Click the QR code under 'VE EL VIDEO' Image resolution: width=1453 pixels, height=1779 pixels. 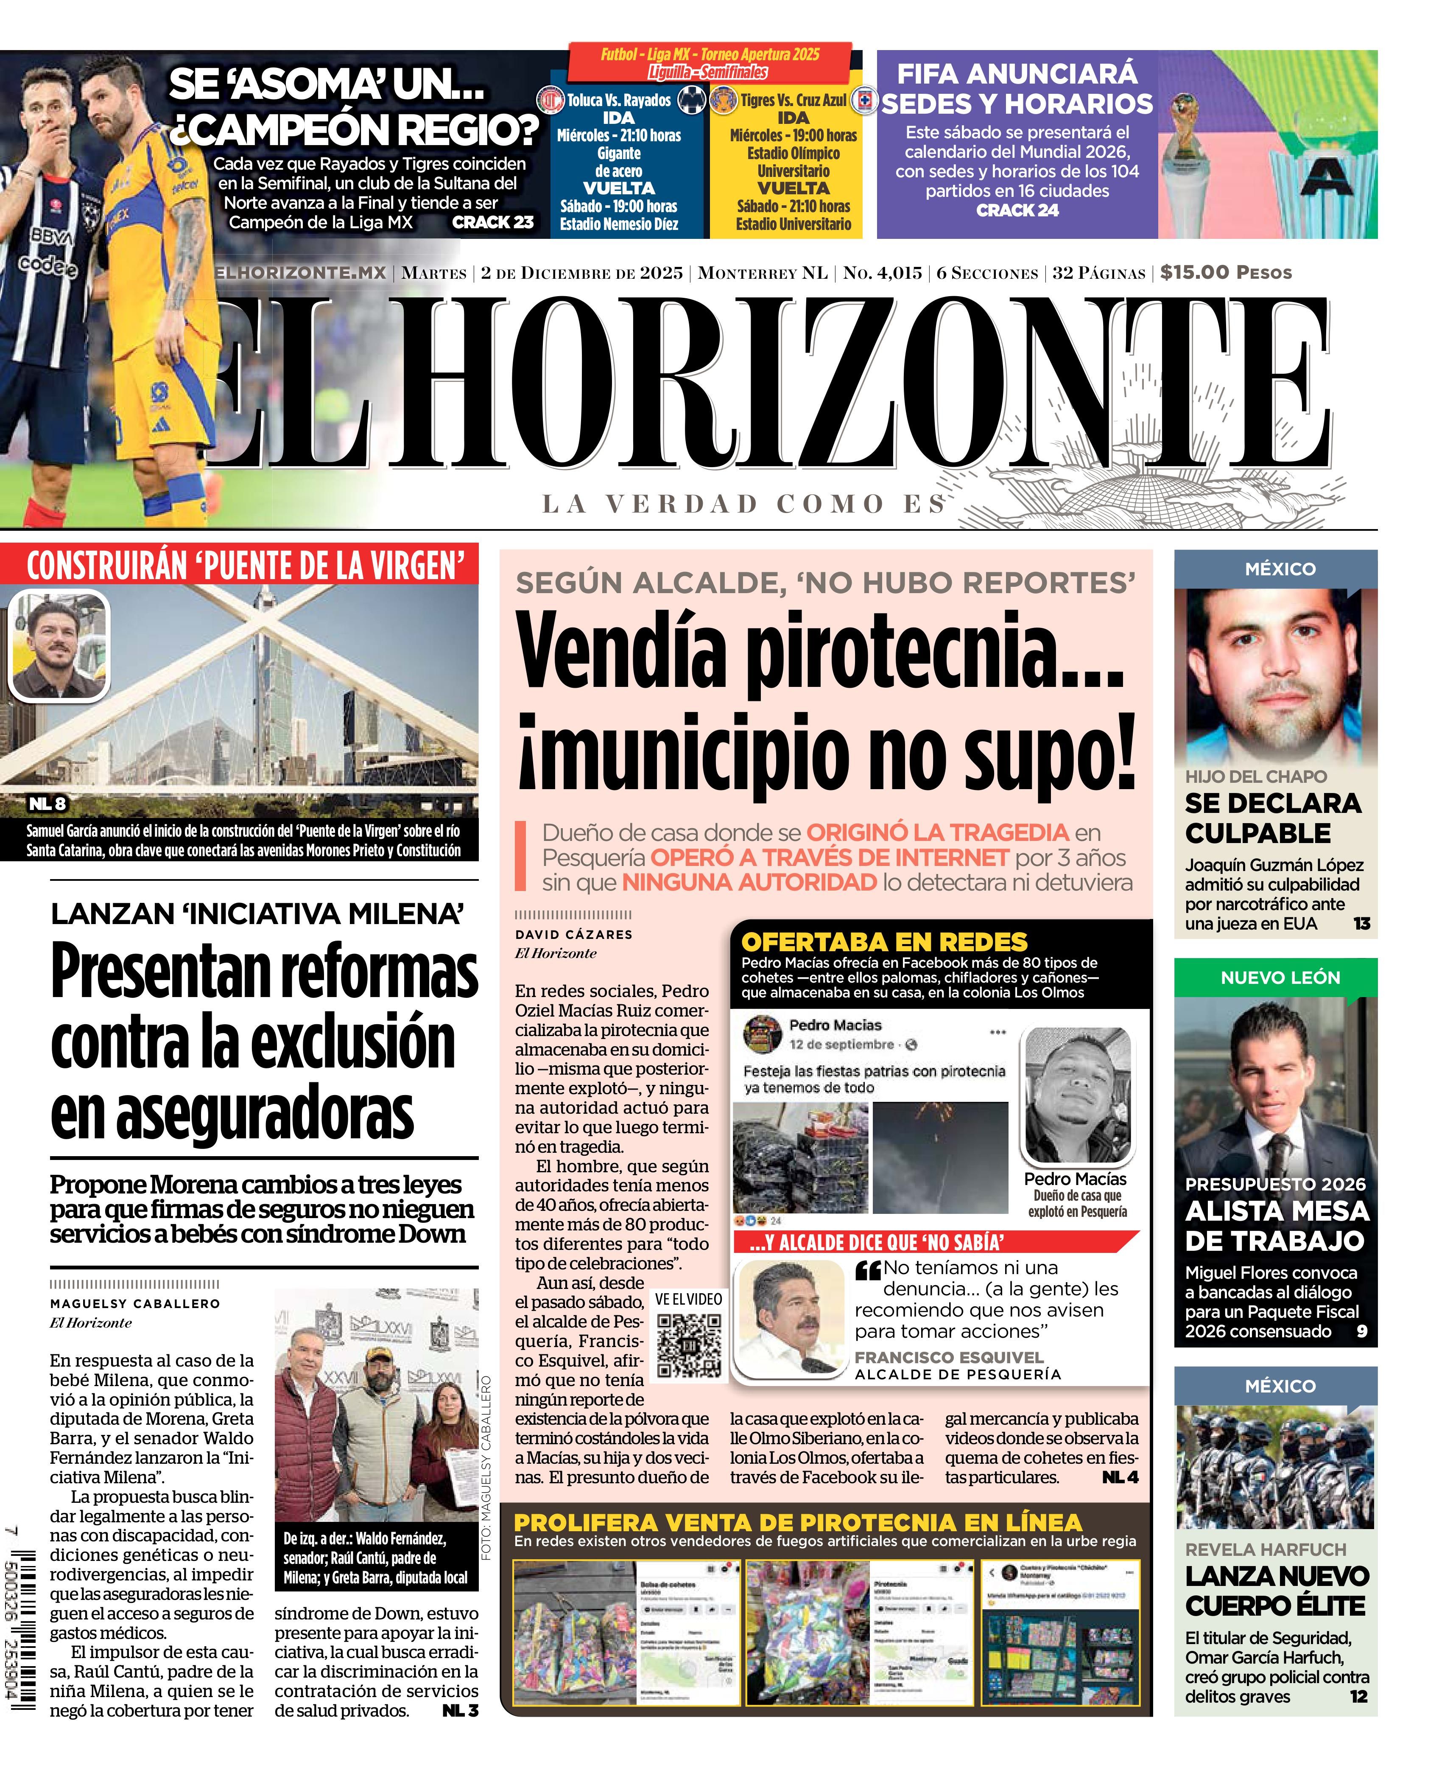689,1345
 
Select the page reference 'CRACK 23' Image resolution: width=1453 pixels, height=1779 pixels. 492,223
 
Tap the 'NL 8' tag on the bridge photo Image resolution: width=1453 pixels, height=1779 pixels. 48,804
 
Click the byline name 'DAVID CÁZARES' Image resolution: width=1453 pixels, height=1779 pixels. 573,934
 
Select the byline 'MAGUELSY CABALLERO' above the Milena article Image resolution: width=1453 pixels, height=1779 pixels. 135,1303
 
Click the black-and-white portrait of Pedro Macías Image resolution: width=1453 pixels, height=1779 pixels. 1077,1095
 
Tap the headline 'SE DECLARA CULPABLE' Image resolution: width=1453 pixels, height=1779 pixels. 1272,818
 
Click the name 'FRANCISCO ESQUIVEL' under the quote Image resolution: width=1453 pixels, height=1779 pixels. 948,1357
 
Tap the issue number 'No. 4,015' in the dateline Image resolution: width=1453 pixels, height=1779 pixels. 882,273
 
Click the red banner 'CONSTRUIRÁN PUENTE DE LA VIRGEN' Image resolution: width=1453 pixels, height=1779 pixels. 245,566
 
